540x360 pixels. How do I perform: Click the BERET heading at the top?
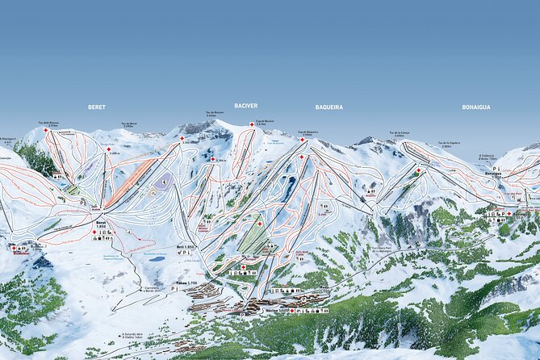[97, 107]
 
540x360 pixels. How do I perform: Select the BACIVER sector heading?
[245, 106]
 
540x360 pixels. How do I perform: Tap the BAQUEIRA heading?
[329, 107]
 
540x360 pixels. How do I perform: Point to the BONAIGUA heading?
[476, 107]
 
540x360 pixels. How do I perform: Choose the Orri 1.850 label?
[185, 246]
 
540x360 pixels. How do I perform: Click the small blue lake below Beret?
[157, 260]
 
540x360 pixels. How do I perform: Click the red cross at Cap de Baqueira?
[303, 139]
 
